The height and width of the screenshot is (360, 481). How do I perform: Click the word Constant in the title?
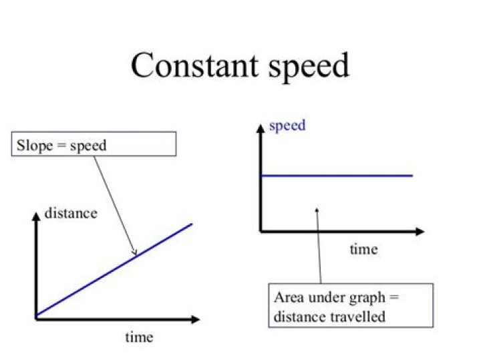[194, 65]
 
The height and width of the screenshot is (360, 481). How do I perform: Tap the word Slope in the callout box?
[35, 146]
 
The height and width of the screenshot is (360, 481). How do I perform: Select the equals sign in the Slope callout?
[61, 146]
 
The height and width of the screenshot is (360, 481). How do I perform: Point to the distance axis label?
[71, 213]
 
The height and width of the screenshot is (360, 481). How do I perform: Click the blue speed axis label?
[287, 126]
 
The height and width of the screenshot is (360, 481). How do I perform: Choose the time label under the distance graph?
[139, 337]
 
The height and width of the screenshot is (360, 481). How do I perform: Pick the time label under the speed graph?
[363, 249]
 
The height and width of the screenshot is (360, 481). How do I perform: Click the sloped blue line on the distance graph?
[114, 270]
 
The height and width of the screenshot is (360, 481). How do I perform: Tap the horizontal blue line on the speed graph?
[337, 176]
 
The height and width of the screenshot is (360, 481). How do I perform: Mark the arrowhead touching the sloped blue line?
[134, 252]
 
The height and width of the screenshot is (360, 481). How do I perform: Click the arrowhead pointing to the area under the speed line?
[317, 210]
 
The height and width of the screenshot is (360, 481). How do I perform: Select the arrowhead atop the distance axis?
[36, 216]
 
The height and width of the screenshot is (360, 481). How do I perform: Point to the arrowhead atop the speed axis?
[261, 128]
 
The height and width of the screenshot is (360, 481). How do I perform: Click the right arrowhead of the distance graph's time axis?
[195, 319]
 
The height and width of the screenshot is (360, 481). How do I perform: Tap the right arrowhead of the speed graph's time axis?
[420, 232]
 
